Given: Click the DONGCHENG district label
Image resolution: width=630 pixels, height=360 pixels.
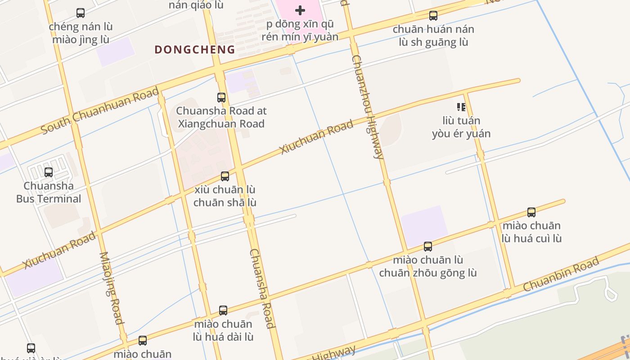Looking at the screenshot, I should tap(195, 49).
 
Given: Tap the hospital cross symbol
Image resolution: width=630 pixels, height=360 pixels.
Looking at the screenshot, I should tap(300, 10).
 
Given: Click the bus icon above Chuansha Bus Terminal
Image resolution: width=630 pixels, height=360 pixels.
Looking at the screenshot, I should tap(49, 172).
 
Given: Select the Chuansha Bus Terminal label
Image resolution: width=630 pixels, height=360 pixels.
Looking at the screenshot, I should tap(49, 192).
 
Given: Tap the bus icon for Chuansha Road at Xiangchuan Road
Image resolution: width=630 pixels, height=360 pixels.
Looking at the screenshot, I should tap(221, 97).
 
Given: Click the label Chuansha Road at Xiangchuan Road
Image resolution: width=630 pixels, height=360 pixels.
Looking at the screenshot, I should tap(221, 117).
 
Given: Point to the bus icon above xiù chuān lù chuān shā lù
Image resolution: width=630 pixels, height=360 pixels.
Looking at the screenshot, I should tap(225, 176).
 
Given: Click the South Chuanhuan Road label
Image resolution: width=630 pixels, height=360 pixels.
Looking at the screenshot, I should tap(100, 111).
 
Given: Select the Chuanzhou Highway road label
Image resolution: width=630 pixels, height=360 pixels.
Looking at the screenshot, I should tap(367, 107).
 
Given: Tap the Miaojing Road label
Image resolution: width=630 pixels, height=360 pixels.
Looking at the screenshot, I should tap(111, 288).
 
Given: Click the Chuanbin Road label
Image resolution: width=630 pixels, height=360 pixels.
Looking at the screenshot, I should tap(561, 274).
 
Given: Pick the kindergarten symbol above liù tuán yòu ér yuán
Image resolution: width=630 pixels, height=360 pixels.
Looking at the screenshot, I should tap(461, 107).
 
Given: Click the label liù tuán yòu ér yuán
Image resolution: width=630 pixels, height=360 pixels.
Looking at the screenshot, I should tap(461, 127).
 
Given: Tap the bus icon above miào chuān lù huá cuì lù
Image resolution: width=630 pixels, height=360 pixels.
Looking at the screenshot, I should tap(531, 212).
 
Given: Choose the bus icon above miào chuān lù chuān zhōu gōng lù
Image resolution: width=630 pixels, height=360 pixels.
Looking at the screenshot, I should tap(428, 246).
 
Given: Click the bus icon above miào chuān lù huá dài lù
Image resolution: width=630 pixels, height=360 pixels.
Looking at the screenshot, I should tap(223, 310).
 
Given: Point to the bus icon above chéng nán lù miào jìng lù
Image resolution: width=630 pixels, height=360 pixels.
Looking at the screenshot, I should tap(81, 13).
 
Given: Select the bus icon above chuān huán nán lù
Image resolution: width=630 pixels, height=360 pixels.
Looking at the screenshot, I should tap(433, 16).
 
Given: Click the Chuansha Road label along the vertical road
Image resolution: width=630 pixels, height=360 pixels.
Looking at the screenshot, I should tap(261, 288).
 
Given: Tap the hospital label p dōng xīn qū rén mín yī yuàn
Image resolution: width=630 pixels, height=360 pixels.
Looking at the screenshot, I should tap(300, 31).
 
